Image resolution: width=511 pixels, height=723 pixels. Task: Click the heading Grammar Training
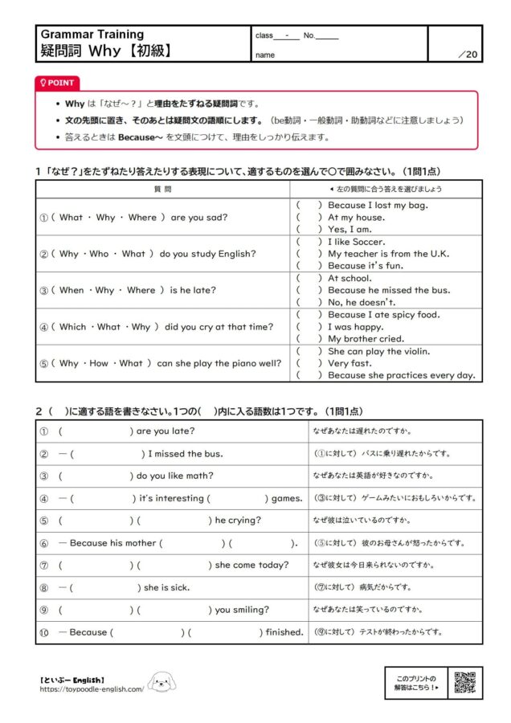(92, 35)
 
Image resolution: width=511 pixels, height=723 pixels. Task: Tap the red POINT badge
(57, 83)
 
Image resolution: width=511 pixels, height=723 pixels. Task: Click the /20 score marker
(466, 55)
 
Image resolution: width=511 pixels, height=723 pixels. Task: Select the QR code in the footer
(464, 681)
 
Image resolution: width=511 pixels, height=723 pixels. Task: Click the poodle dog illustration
(161, 683)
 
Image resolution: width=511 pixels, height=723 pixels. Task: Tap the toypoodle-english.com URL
(92, 688)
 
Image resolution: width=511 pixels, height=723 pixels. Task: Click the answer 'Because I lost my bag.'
(378, 206)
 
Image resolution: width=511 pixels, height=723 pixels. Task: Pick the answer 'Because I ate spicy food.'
(383, 315)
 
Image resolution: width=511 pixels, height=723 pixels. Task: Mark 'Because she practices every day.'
(401, 375)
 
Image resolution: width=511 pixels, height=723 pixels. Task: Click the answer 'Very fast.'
(350, 363)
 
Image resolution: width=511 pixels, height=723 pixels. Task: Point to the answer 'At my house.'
(356, 218)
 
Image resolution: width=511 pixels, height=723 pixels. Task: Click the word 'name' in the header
(264, 55)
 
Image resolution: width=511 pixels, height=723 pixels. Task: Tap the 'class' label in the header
(264, 36)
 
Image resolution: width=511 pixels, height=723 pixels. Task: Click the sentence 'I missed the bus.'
(186, 454)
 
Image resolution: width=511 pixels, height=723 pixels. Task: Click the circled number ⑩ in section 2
(45, 632)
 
